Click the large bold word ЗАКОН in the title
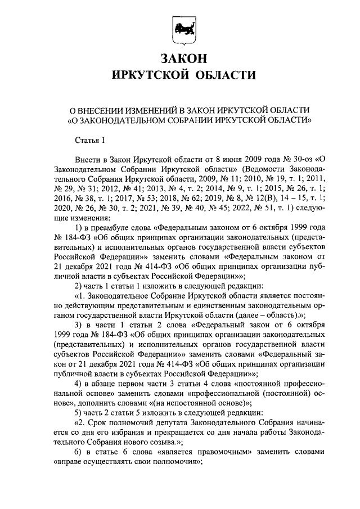[x=180, y=58]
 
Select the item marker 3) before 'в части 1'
[x=78, y=326]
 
